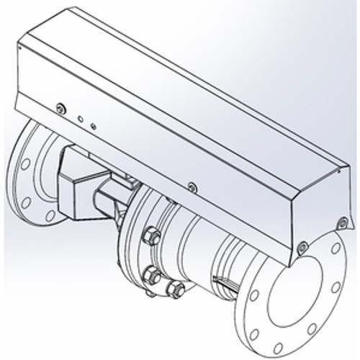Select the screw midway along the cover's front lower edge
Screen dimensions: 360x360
click(x=191, y=187)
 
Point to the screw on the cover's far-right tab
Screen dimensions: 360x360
click(x=343, y=221)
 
